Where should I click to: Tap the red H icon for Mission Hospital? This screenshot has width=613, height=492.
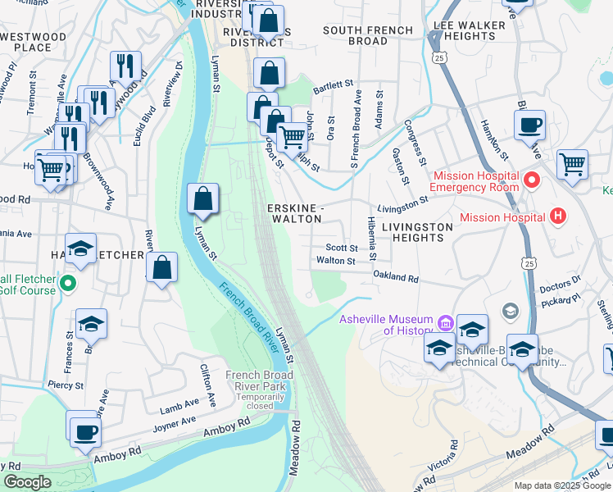[558, 217]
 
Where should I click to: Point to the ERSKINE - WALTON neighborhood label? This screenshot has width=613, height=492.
[296, 214]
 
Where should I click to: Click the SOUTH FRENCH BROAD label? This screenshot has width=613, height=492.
[367, 35]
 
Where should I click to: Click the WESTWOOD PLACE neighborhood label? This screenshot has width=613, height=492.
[33, 42]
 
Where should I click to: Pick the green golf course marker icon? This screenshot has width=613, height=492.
[68, 285]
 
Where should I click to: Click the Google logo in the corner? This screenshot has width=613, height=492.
[27, 482]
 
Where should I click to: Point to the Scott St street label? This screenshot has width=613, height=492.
[342, 248]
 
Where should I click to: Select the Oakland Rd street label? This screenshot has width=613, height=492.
[396, 277]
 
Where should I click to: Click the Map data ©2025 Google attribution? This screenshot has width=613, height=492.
[561, 485]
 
